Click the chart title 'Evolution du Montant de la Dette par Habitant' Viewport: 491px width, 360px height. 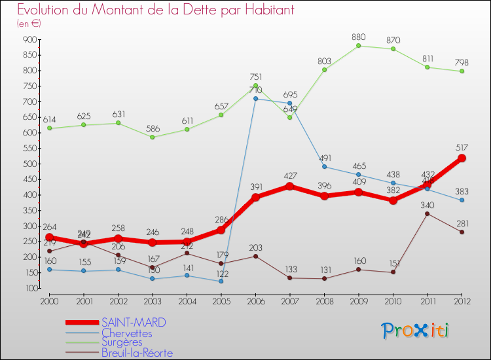coord(155,10)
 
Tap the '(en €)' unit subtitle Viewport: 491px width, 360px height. coord(29,24)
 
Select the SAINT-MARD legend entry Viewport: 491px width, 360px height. coord(134,322)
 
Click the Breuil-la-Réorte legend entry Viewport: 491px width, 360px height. coord(137,353)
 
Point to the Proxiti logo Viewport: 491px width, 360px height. coord(416,331)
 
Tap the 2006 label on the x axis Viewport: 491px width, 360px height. coord(255,302)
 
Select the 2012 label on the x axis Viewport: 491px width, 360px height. coord(462,302)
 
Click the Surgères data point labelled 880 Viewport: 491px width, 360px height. coord(359,46)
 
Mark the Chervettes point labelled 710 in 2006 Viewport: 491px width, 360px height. coord(255,99)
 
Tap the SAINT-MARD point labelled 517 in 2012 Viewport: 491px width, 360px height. coord(462,158)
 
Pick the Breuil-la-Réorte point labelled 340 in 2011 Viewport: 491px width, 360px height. coord(427,213)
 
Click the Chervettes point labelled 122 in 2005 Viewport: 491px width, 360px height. coord(221,281)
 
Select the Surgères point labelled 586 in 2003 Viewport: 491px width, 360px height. coord(153,137)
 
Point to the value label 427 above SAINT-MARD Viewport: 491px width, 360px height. coord(290,176)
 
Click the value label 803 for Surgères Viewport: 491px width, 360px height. coord(324,60)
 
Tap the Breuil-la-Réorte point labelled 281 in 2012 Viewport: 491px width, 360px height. coord(462,232)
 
